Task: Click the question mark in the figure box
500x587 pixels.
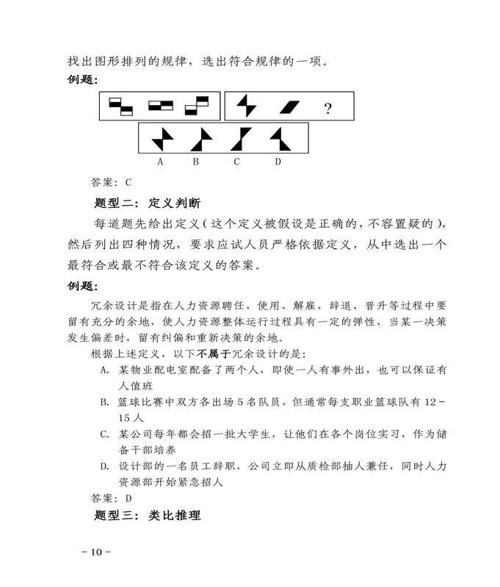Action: pyautogui.click(x=327, y=109)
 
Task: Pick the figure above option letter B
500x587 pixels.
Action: pyautogui.click(x=200, y=138)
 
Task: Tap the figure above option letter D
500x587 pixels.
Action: pyautogui.click(x=279, y=138)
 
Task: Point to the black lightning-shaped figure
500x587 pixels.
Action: pyautogui.click(x=247, y=108)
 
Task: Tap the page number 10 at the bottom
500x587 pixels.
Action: pyautogui.click(x=96, y=552)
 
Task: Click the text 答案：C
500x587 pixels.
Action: pyautogui.click(x=110, y=182)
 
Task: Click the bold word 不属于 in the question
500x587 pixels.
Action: pyautogui.click(x=205, y=353)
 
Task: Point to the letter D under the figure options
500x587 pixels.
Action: pyautogui.click(x=278, y=162)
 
